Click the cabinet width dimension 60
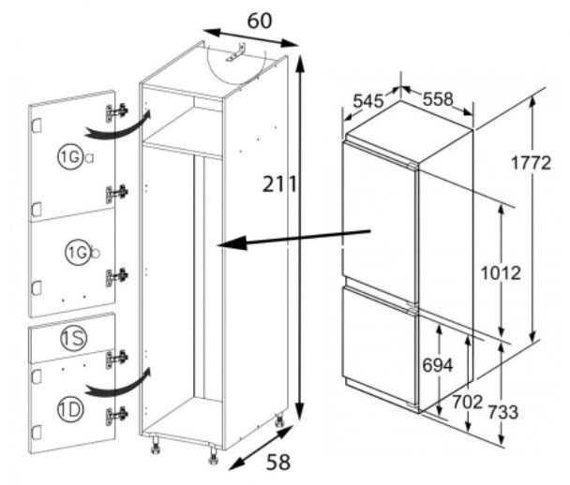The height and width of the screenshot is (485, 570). tap(259, 21)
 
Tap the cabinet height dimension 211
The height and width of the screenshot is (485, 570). tap(279, 184)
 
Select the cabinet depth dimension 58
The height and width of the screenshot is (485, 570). tap(278, 463)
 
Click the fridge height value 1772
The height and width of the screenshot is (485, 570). tap(531, 163)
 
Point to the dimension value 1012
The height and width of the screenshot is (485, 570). tap(501, 272)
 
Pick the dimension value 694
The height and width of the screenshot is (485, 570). tap(438, 365)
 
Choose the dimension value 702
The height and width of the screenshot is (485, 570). tap(467, 402)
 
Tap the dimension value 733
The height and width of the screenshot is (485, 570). tap(502, 412)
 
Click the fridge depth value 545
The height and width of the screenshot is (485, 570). tap(368, 101)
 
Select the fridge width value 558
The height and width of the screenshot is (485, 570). tap(438, 98)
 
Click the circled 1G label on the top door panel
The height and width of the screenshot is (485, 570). tap(70, 156)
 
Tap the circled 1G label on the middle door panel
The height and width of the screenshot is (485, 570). tap(78, 252)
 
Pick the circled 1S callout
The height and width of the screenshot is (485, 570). tap(74, 338)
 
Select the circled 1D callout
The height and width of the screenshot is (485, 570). tap(70, 409)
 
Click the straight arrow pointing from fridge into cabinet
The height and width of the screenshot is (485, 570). tap(293, 238)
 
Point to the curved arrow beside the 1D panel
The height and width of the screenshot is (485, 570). tap(118, 384)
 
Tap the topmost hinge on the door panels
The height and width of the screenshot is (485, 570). tap(116, 111)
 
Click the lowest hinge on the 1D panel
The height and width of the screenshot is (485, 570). tap(116, 416)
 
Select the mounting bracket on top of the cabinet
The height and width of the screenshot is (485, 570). tap(235, 52)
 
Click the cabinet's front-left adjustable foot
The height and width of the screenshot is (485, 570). tap(156, 446)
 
